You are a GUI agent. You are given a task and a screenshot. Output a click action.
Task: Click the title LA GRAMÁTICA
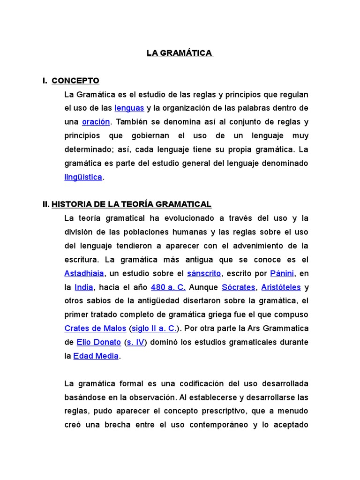tap(180, 53)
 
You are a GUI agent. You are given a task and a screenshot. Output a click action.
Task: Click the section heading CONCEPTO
tap(75, 81)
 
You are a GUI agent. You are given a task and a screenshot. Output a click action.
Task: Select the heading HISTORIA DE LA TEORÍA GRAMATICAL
tap(131, 204)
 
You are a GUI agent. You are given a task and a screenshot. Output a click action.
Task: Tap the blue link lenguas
tap(129, 108)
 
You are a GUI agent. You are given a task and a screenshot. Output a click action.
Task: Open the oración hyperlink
tap(96, 122)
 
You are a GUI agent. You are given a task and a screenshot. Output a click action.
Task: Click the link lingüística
tap(83, 177)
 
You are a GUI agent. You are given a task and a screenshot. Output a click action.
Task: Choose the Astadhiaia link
tap(84, 273)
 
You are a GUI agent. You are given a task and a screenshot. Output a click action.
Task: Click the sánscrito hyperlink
tap(203, 273)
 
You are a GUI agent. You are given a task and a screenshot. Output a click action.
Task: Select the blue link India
tap(84, 287)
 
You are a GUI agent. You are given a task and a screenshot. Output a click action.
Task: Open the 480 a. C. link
tap(168, 287)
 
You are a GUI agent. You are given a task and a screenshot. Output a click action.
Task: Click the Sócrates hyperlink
tap(238, 287)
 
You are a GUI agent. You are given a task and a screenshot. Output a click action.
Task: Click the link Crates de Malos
tap(95, 328)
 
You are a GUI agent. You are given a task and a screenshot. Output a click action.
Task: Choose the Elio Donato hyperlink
tap(99, 342)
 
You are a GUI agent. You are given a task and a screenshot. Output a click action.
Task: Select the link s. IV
tap(135, 342)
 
